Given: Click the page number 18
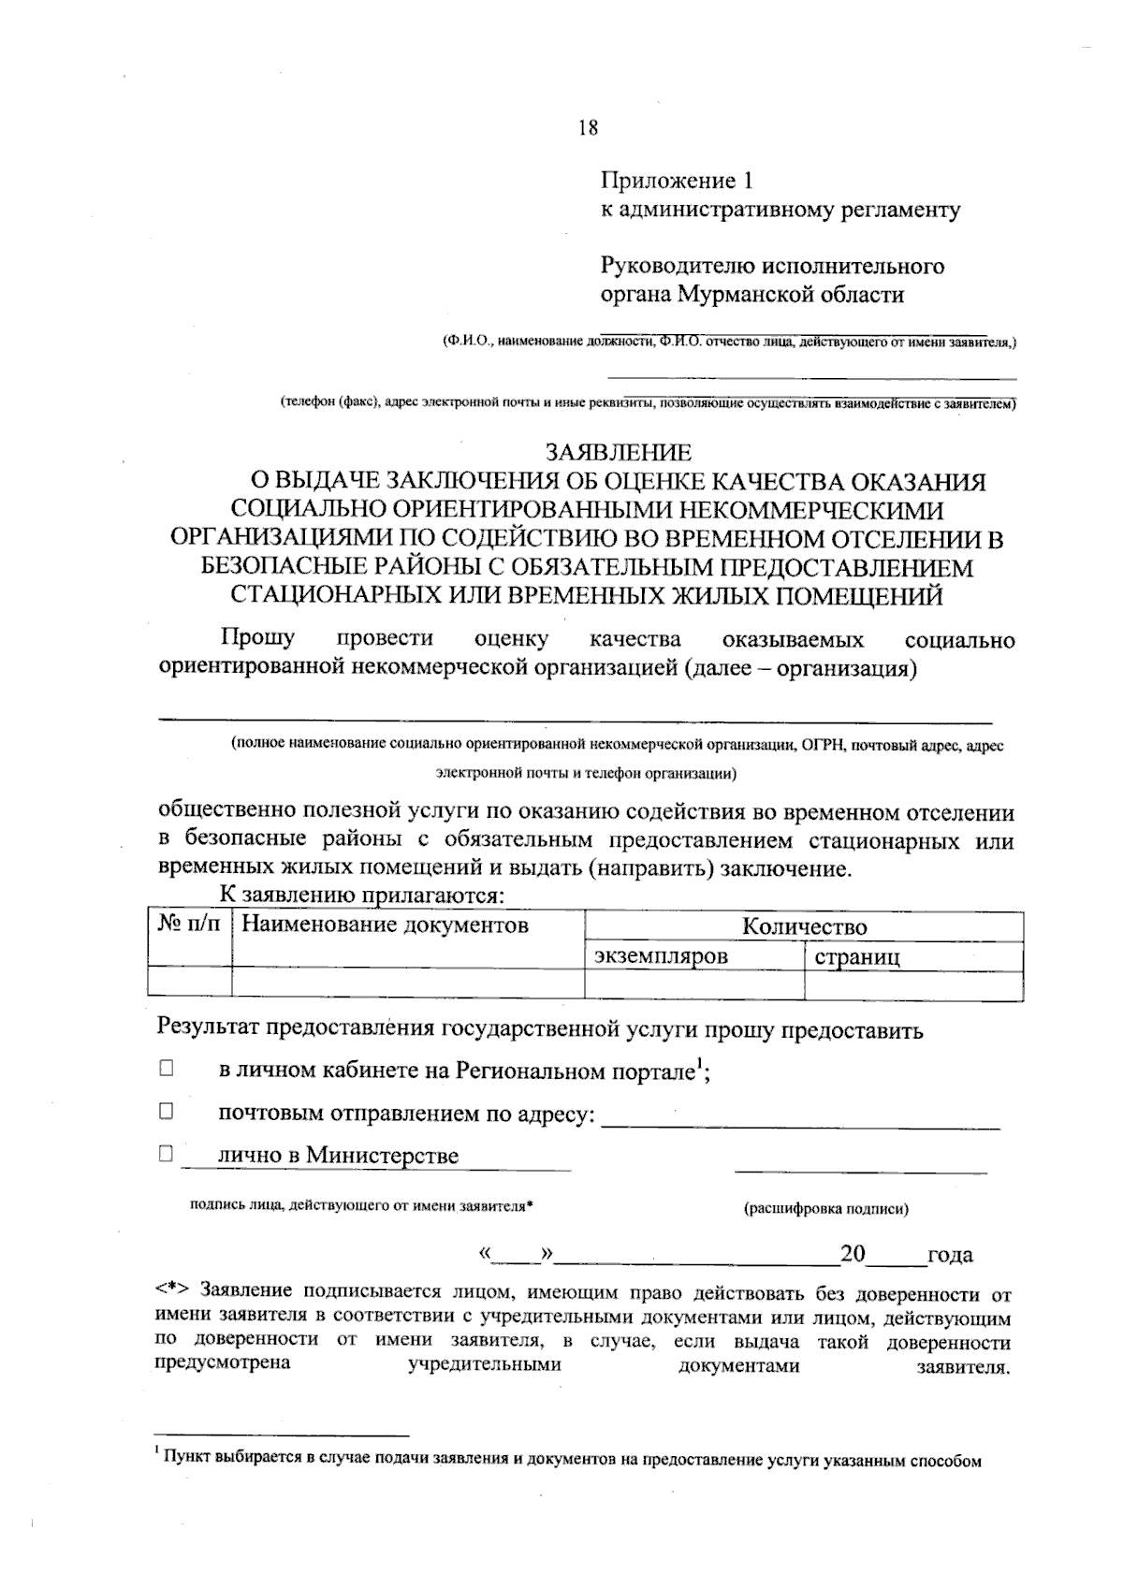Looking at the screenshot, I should (x=588, y=128).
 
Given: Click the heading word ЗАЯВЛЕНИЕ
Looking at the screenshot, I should (x=619, y=453).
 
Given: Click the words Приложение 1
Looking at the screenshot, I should (x=676, y=180).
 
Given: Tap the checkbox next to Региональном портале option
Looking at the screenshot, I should (x=167, y=1069).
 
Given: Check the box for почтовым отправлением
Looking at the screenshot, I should (x=167, y=1112).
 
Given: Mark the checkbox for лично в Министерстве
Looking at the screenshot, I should (x=167, y=1154).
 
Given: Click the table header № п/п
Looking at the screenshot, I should (x=190, y=925).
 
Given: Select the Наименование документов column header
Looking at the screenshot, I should (x=385, y=925).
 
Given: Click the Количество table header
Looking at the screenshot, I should (x=804, y=926).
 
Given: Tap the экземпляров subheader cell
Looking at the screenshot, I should (x=661, y=956).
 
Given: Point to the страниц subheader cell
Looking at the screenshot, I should (x=856, y=957).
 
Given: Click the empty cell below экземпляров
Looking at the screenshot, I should (x=693, y=985).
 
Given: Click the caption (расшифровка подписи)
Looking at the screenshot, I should (x=825, y=1208).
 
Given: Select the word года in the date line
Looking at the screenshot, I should (x=949, y=1255).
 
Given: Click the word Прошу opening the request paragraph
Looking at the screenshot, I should (x=257, y=638).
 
